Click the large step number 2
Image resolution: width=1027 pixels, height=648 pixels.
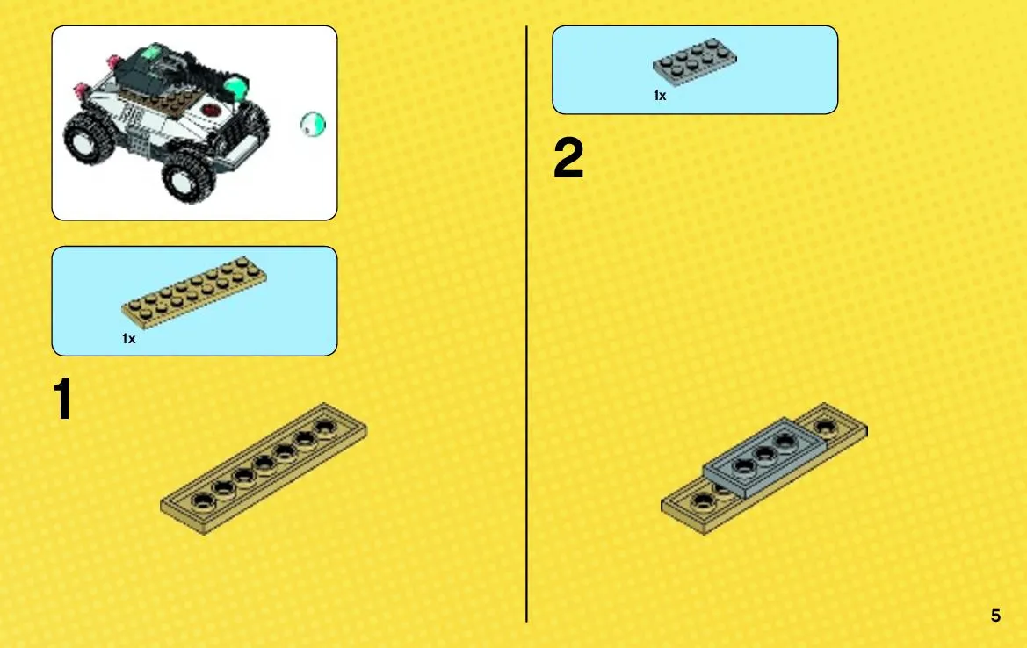(x=568, y=158)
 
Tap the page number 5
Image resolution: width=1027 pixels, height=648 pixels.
(x=995, y=616)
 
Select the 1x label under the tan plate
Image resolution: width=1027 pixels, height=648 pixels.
(x=128, y=338)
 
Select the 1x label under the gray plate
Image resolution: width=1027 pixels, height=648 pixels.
(x=660, y=96)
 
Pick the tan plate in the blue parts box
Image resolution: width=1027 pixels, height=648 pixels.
(x=194, y=292)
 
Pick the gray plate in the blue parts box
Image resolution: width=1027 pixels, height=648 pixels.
(x=694, y=61)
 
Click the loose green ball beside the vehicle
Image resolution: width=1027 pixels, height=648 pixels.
(x=313, y=125)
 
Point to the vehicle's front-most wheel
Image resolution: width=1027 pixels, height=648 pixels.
(x=188, y=175)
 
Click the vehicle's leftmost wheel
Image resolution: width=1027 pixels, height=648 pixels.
(x=88, y=139)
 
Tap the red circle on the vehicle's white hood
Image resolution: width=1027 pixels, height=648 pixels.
(x=211, y=110)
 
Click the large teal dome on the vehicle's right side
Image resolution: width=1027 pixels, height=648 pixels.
(x=235, y=88)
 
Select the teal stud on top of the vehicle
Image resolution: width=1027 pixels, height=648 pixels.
(x=152, y=52)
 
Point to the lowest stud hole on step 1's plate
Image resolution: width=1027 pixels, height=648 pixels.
(x=202, y=501)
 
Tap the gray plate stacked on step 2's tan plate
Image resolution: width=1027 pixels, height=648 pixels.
(x=763, y=456)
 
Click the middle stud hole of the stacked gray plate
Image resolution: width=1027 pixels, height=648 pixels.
(x=764, y=454)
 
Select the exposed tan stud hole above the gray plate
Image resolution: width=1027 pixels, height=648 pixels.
(x=825, y=428)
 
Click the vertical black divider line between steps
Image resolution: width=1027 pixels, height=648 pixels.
(x=526, y=324)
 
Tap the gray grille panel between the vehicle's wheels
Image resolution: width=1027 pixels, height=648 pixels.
(x=139, y=140)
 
